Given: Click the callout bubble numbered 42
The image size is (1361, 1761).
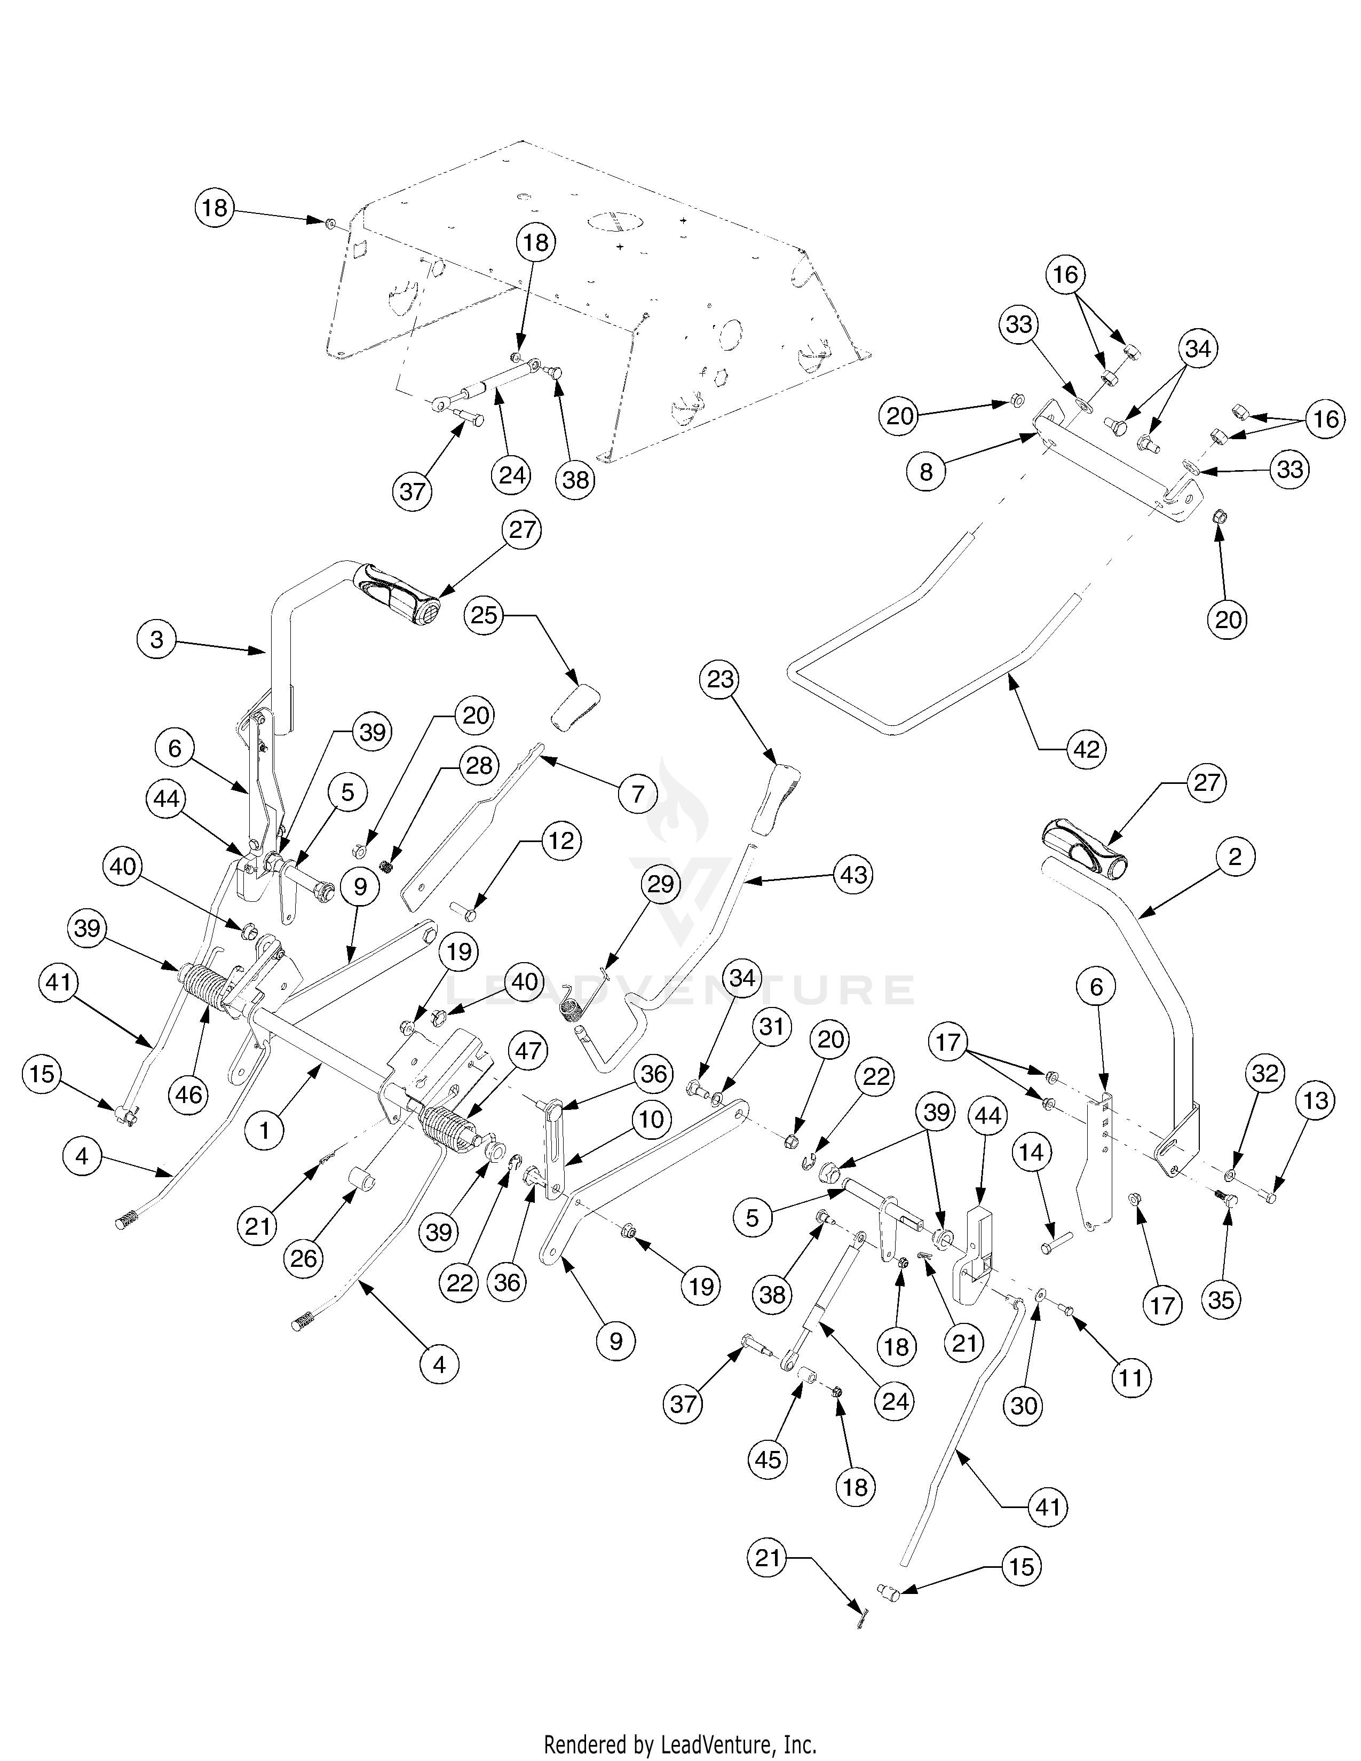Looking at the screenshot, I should [x=1086, y=749].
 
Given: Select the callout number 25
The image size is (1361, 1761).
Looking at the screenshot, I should [x=485, y=615].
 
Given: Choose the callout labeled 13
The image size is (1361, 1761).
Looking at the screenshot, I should [x=1316, y=1100].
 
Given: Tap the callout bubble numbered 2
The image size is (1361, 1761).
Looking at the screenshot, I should [x=1235, y=859].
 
